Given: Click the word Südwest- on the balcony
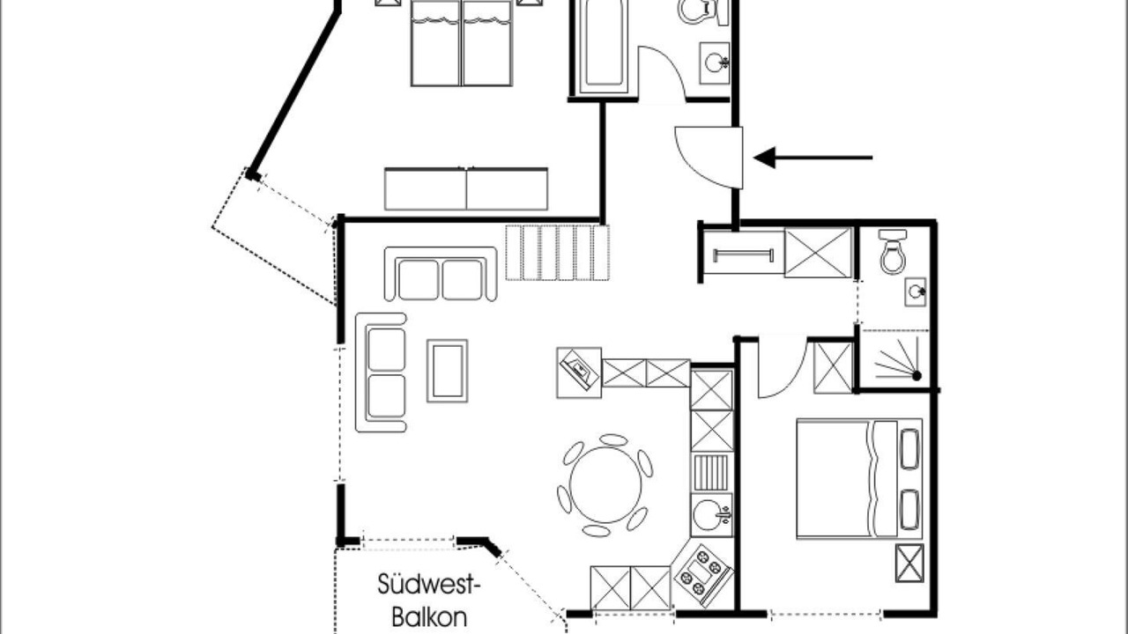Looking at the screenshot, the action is point(428,585).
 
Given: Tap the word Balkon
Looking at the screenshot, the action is point(429,617).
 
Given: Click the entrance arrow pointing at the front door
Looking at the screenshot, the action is point(813,158).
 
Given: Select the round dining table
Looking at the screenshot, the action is point(605,484).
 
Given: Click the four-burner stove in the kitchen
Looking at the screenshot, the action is point(702,575).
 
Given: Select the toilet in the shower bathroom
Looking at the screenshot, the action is point(893,252).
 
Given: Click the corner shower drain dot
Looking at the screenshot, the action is point(916,375).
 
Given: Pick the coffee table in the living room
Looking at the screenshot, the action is point(447,371).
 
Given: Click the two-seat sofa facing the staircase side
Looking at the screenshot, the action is point(441,274).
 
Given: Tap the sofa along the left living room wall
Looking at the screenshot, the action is point(382,372).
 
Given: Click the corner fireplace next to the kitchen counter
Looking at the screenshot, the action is point(579,372).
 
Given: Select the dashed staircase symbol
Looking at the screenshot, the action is point(558,253).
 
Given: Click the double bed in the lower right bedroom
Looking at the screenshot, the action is point(859,478).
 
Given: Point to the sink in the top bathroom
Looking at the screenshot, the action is point(715,63).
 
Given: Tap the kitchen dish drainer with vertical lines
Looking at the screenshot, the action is point(710,473).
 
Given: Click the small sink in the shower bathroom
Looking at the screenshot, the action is point(916,291).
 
